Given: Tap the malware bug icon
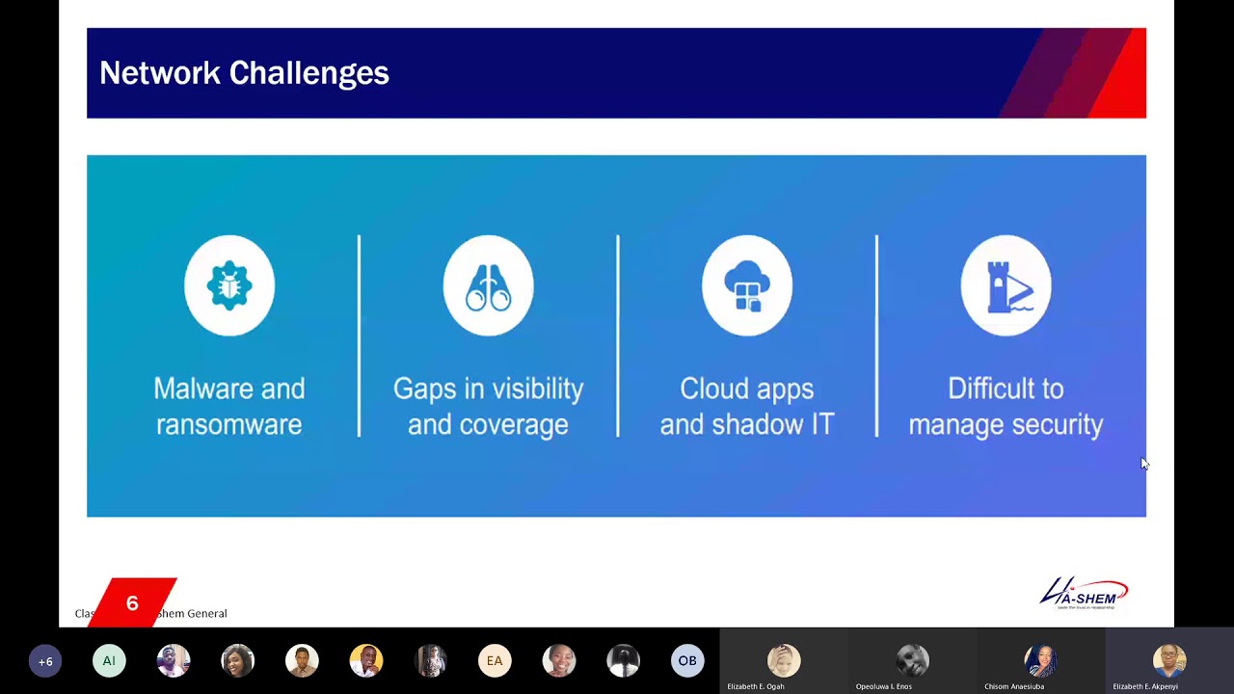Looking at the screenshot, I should (x=229, y=286).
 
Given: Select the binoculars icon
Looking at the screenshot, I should (x=488, y=286).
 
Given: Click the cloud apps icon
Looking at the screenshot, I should (x=747, y=286).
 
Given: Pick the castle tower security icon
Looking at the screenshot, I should (x=1006, y=286).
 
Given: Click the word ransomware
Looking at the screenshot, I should (x=228, y=425).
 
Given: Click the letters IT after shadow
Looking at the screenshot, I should (x=821, y=425).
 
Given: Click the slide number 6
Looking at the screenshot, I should (x=132, y=603).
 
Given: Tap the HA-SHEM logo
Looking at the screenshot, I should (x=1084, y=593).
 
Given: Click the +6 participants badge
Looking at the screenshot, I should (x=45, y=661).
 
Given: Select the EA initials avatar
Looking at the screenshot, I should (x=495, y=661).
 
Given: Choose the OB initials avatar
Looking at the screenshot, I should (x=687, y=661).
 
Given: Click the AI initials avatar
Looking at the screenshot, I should (x=109, y=661).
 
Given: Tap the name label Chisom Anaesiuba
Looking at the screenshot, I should (x=1013, y=686).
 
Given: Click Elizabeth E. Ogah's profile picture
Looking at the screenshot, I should (x=783, y=660).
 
